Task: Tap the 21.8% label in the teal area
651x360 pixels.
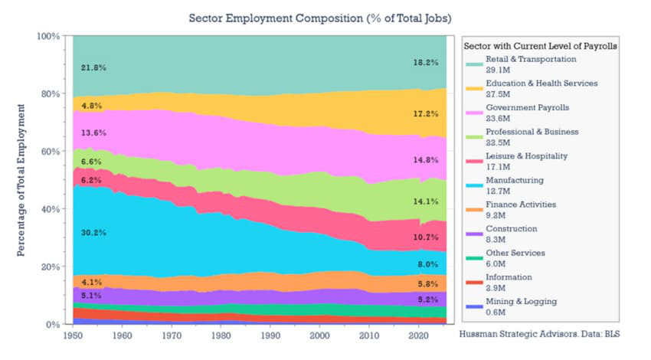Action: point(93,67)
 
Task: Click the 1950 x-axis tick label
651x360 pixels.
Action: point(74,335)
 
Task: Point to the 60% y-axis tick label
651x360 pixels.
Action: point(50,151)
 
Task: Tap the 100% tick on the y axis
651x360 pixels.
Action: point(48,36)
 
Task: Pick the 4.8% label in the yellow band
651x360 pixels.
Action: point(91,106)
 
